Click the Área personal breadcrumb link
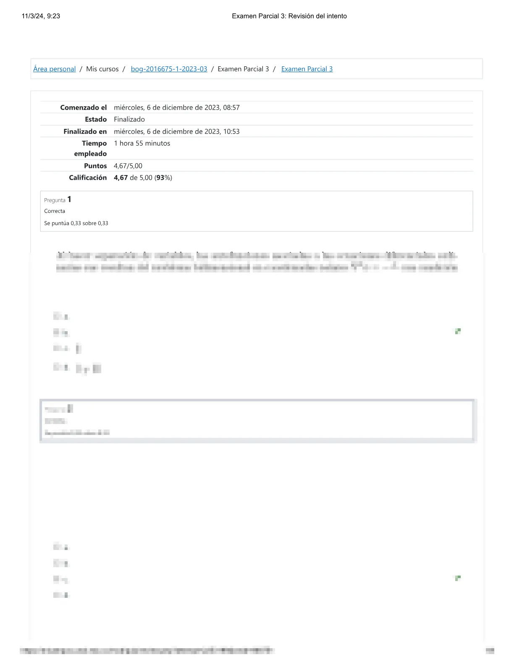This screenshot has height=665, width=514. (54, 69)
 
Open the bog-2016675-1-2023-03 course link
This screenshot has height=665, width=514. (169, 69)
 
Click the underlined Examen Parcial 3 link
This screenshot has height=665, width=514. (307, 69)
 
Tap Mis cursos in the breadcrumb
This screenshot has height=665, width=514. (102, 69)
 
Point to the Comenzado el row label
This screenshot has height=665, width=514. (83, 107)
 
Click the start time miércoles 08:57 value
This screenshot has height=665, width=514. (176, 107)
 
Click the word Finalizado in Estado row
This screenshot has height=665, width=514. (129, 119)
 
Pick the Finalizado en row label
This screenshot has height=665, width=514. (85, 131)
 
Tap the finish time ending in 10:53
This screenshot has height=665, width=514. (176, 131)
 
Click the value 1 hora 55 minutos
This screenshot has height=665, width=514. (142, 143)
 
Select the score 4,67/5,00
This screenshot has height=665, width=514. (128, 166)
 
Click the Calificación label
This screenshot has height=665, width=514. (87, 178)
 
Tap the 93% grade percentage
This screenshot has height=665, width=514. (163, 178)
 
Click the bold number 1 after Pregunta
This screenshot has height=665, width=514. (69, 199)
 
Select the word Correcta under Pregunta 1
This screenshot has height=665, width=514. (55, 211)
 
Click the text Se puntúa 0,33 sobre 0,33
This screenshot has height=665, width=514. (76, 223)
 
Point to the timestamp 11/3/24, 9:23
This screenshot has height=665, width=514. (41, 16)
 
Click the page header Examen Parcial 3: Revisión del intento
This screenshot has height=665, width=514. (289, 16)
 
